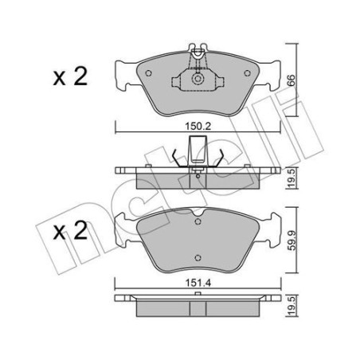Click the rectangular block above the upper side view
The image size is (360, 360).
tap(197, 148)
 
